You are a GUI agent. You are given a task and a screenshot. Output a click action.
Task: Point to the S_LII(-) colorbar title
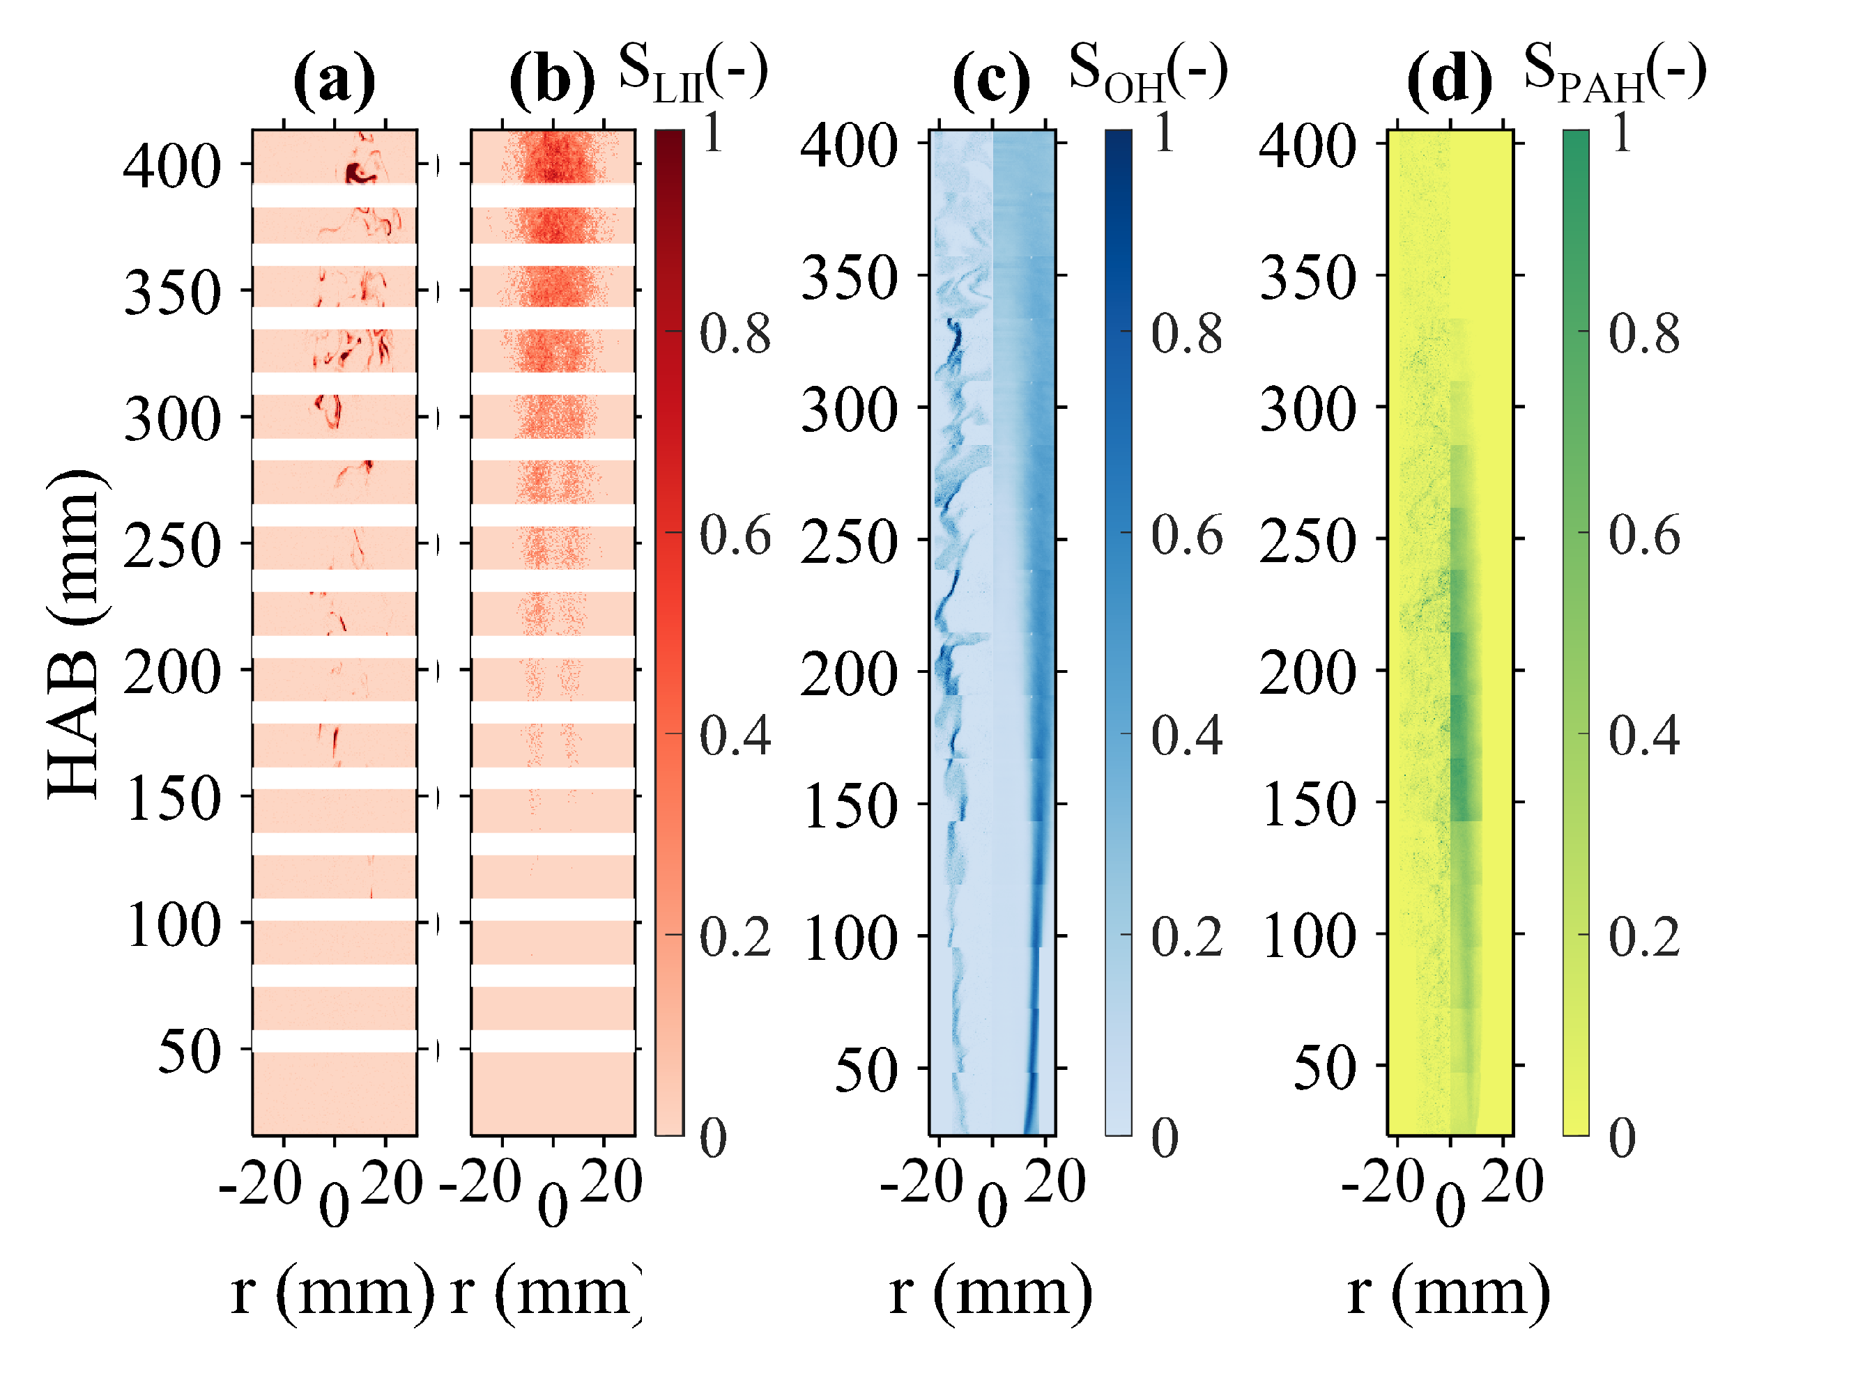(693, 72)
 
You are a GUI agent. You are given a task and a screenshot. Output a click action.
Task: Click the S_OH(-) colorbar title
(1147, 72)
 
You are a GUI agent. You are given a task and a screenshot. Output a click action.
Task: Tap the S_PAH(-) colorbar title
(1613, 72)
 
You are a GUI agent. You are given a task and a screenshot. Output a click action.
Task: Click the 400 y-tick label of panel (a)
(172, 166)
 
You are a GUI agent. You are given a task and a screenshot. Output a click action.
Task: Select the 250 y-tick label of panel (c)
(850, 541)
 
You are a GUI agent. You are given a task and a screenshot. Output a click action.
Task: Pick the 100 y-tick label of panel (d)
(1308, 935)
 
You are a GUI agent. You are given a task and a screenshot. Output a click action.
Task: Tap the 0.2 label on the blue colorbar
(1186, 936)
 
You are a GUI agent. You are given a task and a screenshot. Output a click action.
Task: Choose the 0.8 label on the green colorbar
(1643, 334)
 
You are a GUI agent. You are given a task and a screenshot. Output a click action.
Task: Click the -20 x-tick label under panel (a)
(260, 1183)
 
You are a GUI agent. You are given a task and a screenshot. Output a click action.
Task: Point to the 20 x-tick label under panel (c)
(1055, 1182)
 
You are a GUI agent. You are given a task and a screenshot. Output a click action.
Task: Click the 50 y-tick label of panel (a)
(189, 1050)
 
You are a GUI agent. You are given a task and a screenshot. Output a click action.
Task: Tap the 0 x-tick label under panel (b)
(553, 1205)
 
